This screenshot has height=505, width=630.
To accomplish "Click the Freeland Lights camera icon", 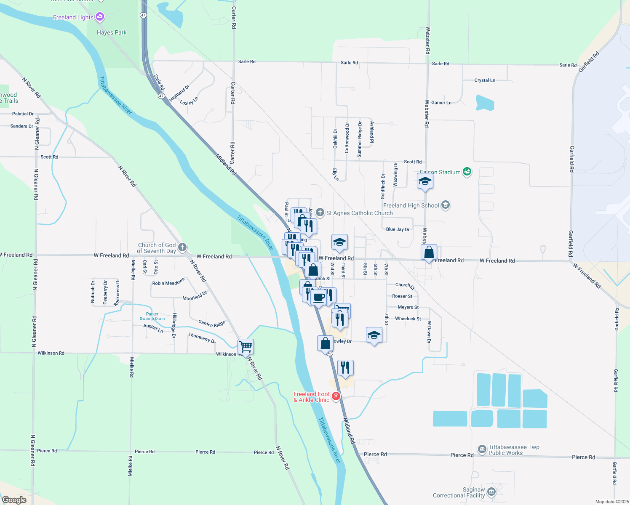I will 100,17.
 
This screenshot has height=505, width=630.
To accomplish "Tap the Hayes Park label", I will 112,32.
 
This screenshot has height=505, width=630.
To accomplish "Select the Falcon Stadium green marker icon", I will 467,172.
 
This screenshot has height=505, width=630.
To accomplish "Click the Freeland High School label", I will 411,205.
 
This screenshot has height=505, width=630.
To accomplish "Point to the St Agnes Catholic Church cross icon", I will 320,213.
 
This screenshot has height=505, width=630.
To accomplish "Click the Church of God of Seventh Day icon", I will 182,247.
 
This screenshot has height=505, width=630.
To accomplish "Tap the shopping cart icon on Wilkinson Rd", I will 246,347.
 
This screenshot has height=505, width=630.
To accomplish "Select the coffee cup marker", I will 319,298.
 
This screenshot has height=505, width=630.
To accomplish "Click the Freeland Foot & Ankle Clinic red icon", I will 336,396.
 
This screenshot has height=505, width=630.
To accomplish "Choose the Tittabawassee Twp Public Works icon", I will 482,449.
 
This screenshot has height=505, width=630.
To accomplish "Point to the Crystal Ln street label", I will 485,80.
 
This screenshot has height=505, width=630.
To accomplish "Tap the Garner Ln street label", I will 441,103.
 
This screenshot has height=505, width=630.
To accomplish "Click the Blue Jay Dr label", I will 398,229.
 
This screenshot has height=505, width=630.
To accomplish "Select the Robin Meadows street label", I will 168,282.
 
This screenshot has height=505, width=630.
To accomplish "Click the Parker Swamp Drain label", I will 152,316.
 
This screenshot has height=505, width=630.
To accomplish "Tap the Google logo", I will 14,500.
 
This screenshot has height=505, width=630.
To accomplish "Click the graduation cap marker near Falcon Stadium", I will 425,181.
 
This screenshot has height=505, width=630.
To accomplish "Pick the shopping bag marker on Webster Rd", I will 429,252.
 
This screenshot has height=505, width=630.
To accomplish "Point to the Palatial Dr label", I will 23,114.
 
